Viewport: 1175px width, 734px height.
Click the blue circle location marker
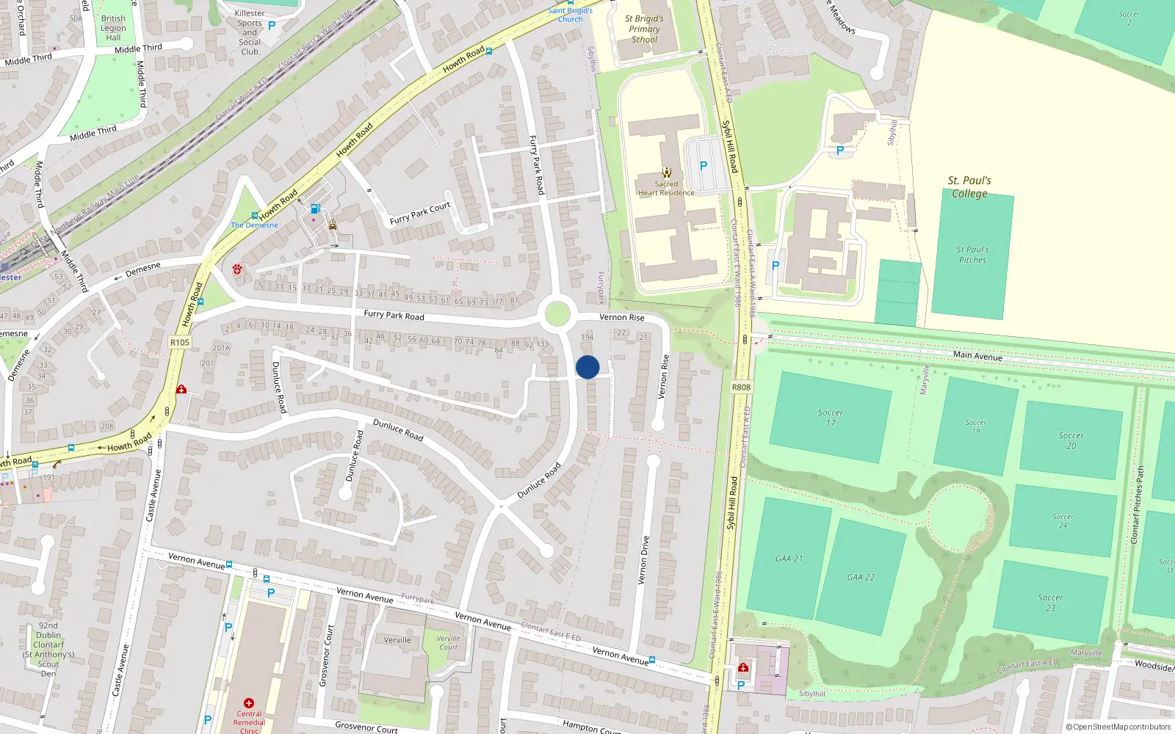click(587, 367)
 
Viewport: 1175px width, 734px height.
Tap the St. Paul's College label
click(969, 187)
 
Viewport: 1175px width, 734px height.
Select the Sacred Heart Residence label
click(666, 189)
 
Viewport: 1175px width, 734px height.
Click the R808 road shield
click(741, 387)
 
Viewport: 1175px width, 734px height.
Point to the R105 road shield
click(179, 342)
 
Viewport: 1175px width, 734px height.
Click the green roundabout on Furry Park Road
click(557, 314)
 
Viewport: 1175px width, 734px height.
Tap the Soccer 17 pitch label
click(831, 417)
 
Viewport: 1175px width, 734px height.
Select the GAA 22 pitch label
click(861, 578)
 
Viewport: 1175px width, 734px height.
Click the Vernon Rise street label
click(621, 317)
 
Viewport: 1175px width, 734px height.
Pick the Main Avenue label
click(977, 356)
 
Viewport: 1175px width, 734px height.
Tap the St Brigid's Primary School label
click(644, 29)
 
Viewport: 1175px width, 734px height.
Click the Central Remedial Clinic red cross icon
click(249, 703)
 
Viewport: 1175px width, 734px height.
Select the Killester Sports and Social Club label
click(250, 32)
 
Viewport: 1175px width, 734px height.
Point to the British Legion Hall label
click(113, 28)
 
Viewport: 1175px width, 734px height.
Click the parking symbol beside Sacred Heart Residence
click(704, 166)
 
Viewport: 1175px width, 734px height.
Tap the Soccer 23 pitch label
click(1050, 603)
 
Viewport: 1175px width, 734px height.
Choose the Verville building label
click(397, 640)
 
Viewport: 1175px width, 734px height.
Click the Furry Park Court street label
click(420, 214)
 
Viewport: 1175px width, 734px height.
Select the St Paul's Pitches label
click(972, 255)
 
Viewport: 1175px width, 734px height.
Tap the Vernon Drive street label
click(643, 560)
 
